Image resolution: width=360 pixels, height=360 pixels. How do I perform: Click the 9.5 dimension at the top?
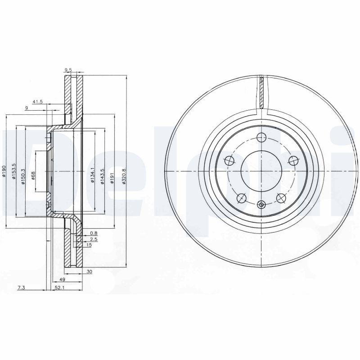68,70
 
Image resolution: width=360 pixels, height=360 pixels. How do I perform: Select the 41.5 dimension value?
37,102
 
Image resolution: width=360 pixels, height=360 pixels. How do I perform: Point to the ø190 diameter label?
4,171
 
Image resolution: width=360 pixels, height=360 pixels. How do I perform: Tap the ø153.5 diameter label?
14,171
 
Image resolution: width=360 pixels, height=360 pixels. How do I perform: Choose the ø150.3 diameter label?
22,171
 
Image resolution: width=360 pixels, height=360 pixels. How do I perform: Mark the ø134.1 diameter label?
93,175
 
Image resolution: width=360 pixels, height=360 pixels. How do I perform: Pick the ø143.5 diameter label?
103,175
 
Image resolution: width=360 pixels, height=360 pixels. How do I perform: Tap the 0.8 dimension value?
93,233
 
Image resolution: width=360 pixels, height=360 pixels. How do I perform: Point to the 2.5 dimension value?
93,240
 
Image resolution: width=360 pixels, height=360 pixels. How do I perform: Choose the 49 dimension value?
56,279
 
